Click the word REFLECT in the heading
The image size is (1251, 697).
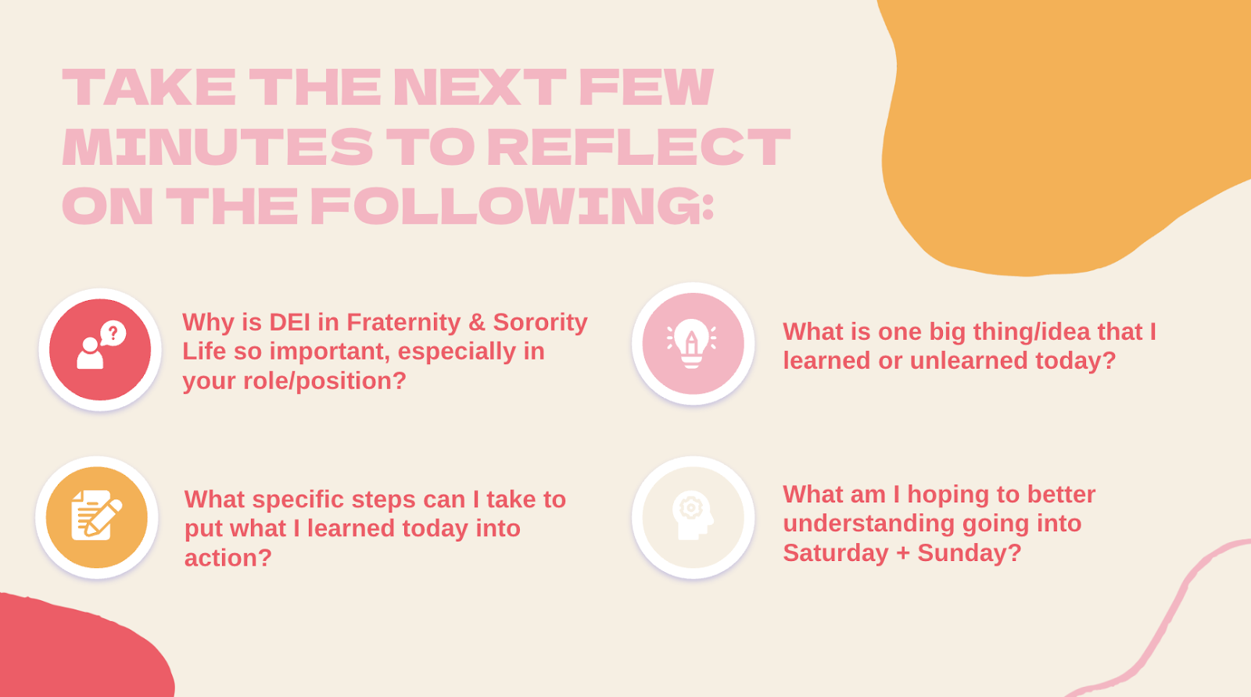tap(639, 147)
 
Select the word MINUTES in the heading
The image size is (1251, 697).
tap(217, 147)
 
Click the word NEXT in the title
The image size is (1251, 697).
tap(480, 87)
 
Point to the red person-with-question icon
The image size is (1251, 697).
tap(100, 349)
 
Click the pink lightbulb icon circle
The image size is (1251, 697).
tap(693, 343)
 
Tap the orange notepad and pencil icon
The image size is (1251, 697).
tap(97, 517)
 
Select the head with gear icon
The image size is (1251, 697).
tap(693, 517)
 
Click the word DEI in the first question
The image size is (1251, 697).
tap(289, 322)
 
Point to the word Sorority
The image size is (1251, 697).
tap(540, 322)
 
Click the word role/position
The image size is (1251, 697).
tap(324, 381)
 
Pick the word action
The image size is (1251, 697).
tap(228, 557)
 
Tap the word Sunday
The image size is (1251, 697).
tap(969, 552)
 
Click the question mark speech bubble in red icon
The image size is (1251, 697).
tap(113, 333)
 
